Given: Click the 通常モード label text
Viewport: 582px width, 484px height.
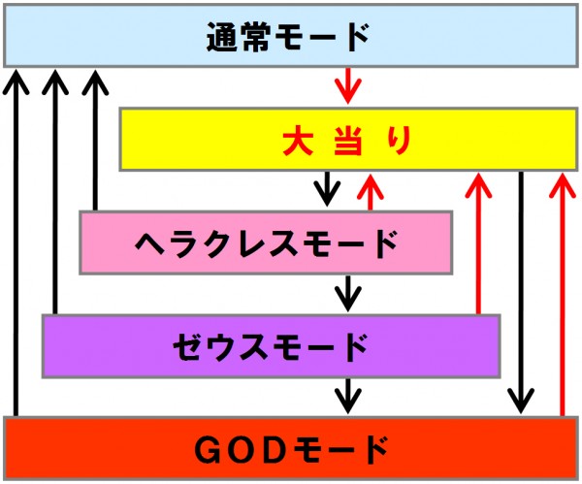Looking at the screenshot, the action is (288, 37).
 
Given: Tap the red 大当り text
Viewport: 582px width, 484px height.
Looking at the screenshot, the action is (346, 141).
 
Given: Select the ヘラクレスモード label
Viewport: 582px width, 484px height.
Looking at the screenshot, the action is (266, 243).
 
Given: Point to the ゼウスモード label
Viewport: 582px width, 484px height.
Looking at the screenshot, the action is (271, 346).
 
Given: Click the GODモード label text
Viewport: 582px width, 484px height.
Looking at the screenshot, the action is (291, 450).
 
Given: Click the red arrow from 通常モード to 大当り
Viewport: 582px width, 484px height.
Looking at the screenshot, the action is (348, 85).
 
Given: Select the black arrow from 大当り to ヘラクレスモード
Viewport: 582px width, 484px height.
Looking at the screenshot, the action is (327, 188).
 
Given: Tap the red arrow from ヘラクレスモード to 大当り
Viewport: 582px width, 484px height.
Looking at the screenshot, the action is (371, 192).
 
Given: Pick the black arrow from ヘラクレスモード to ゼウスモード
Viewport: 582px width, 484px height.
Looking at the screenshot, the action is (348, 293).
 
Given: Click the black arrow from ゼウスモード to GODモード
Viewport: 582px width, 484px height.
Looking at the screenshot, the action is (348, 396).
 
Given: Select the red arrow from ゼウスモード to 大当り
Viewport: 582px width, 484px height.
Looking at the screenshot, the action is (478, 243).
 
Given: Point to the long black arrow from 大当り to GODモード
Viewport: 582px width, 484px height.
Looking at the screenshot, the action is (521, 293).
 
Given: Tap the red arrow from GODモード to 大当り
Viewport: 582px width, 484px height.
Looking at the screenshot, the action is (563, 295).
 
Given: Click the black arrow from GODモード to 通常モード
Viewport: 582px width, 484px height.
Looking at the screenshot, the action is (16, 243).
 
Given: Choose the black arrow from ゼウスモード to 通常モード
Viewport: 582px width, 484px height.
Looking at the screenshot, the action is (55, 192).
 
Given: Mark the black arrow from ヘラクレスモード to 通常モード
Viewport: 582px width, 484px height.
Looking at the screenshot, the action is (95, 141).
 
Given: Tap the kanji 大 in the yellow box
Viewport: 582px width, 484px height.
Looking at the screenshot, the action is (298, 141).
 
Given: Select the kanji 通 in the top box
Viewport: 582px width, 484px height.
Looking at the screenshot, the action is (221, 37).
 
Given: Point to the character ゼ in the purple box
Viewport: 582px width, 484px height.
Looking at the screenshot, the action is (188, 346).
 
